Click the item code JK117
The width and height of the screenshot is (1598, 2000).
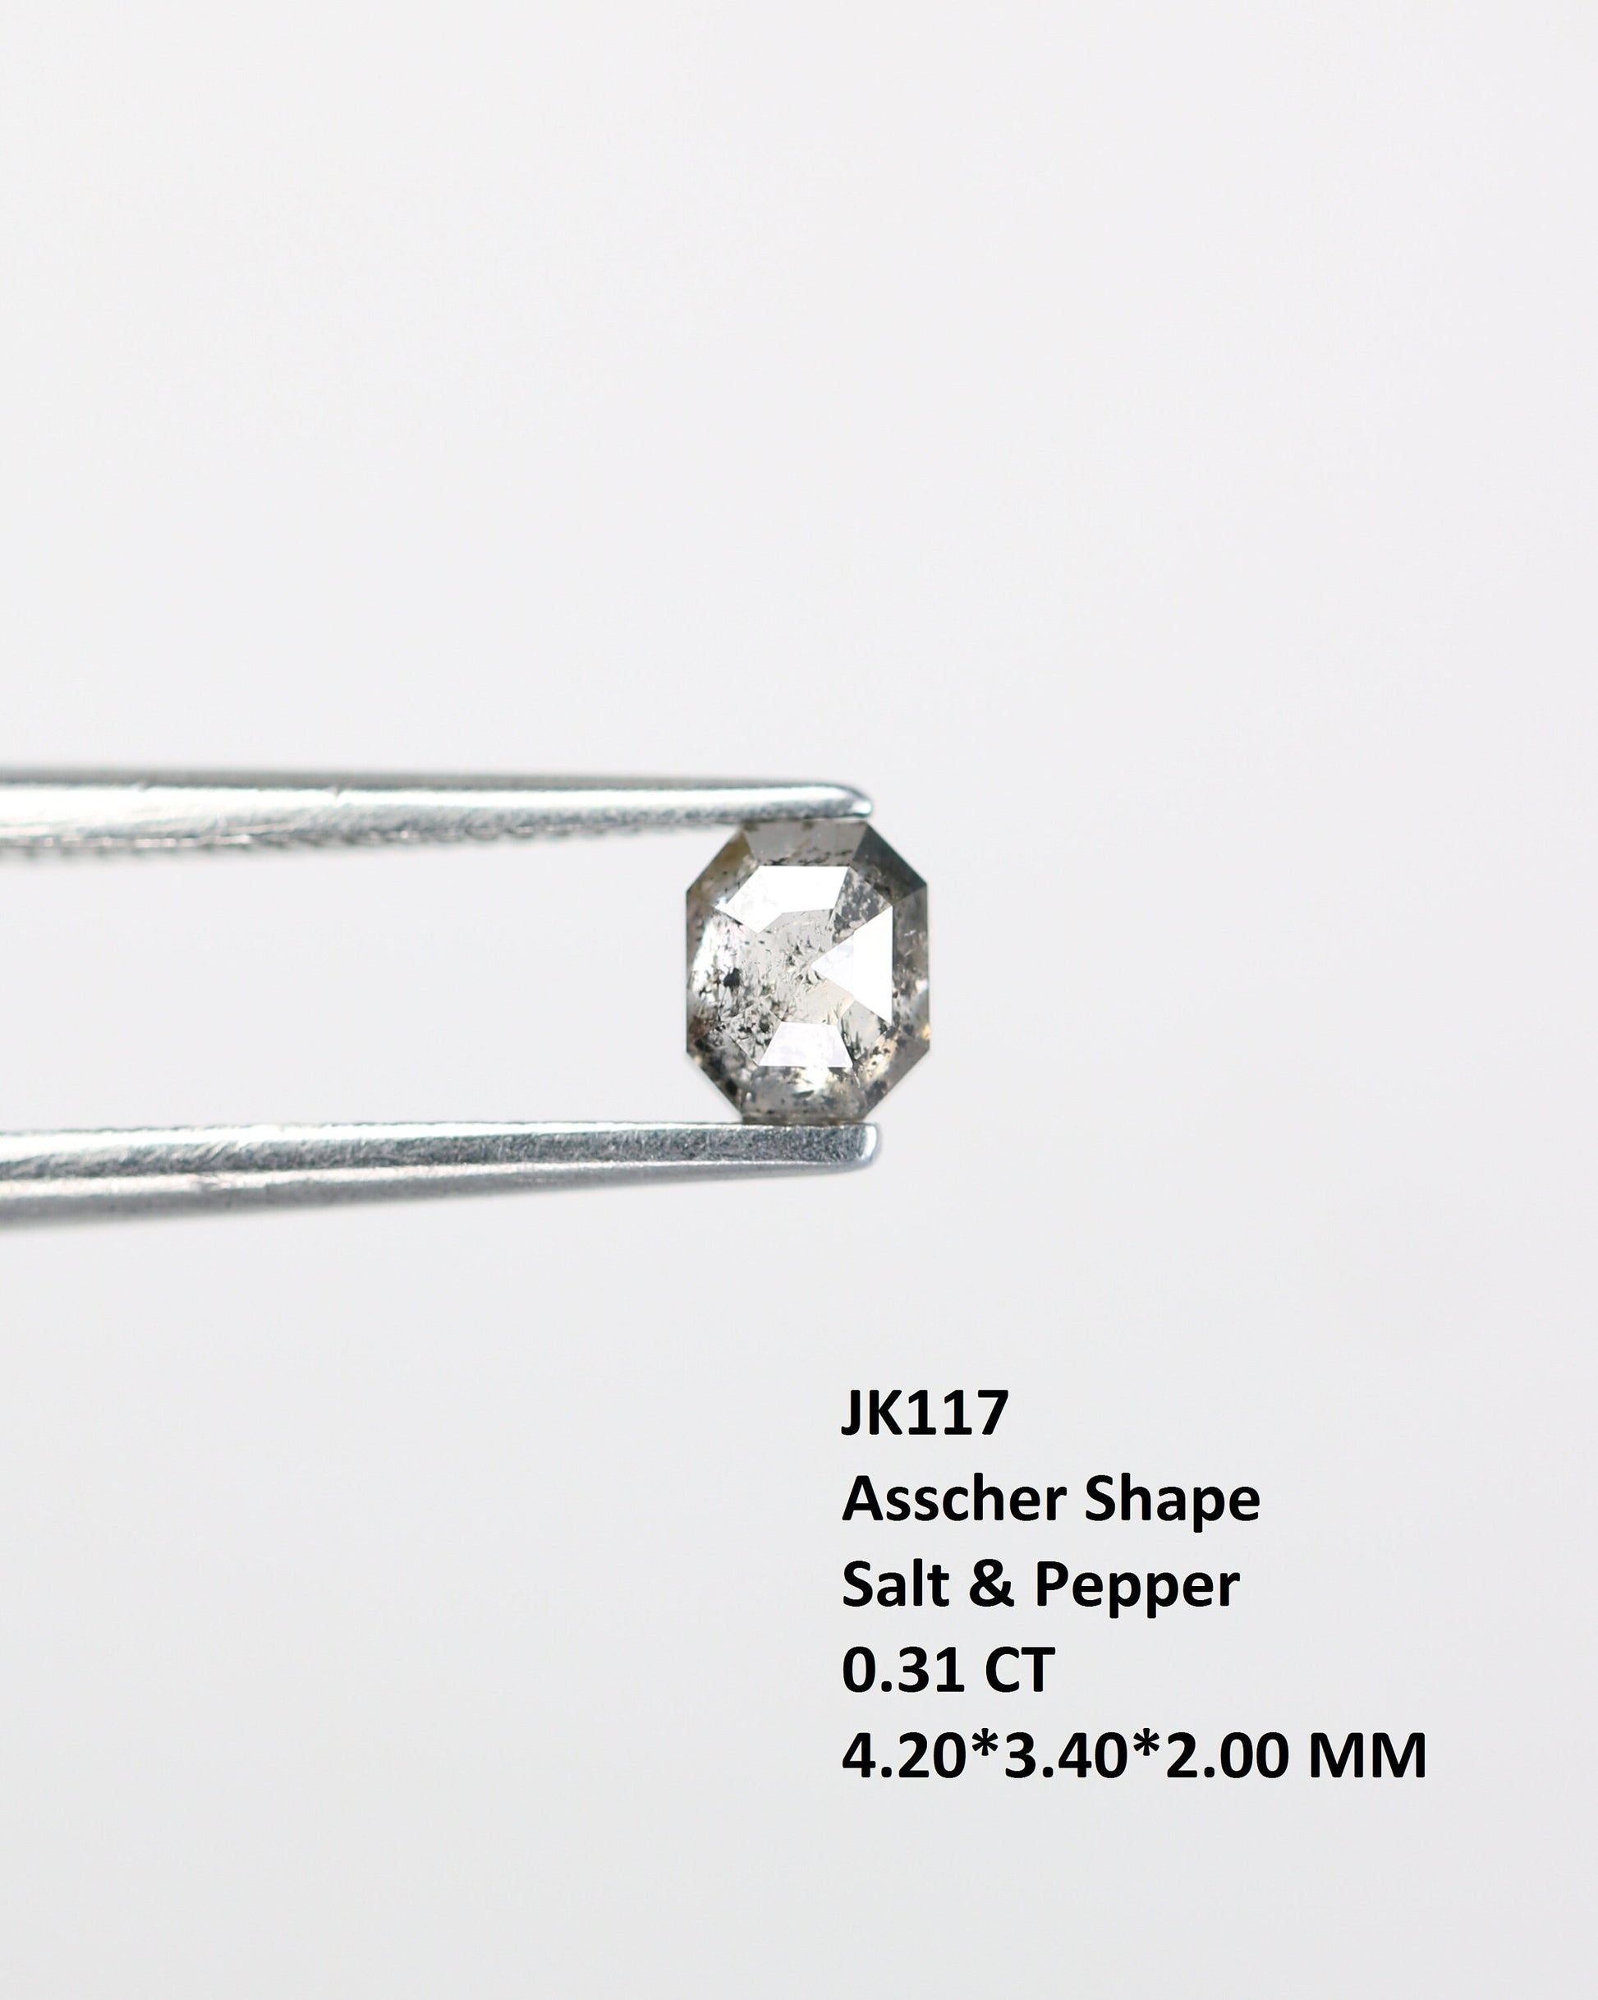pyautogui.click(x=924, y=1412)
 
